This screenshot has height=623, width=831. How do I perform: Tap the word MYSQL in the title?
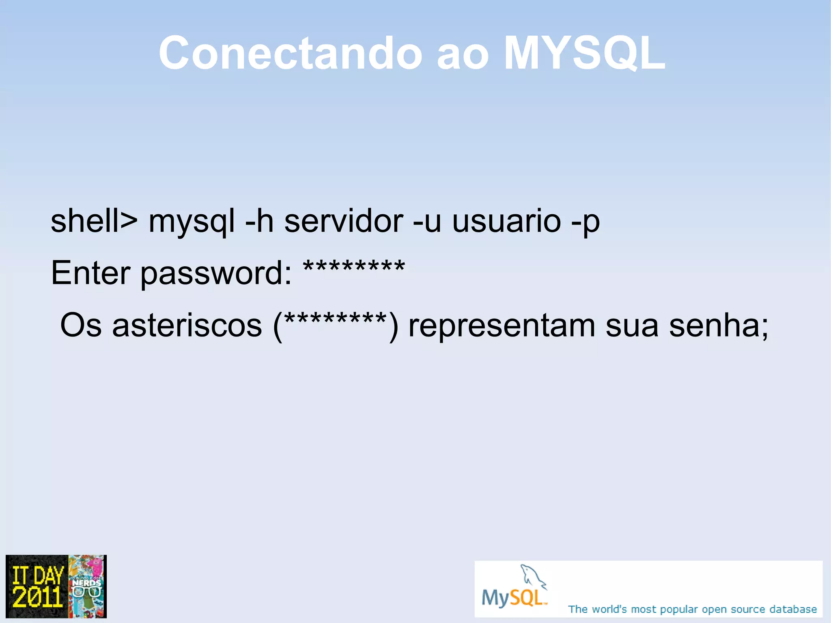(x=584, y=53)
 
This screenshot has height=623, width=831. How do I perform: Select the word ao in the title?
(x=463, y=55)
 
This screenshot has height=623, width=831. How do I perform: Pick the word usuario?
(x=507, y=222)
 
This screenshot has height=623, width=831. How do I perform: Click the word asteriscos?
(x=187, y=326)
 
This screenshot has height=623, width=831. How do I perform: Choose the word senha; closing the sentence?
(x=719, y=326)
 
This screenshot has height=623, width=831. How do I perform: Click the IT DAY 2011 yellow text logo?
(x=37, y=587)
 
